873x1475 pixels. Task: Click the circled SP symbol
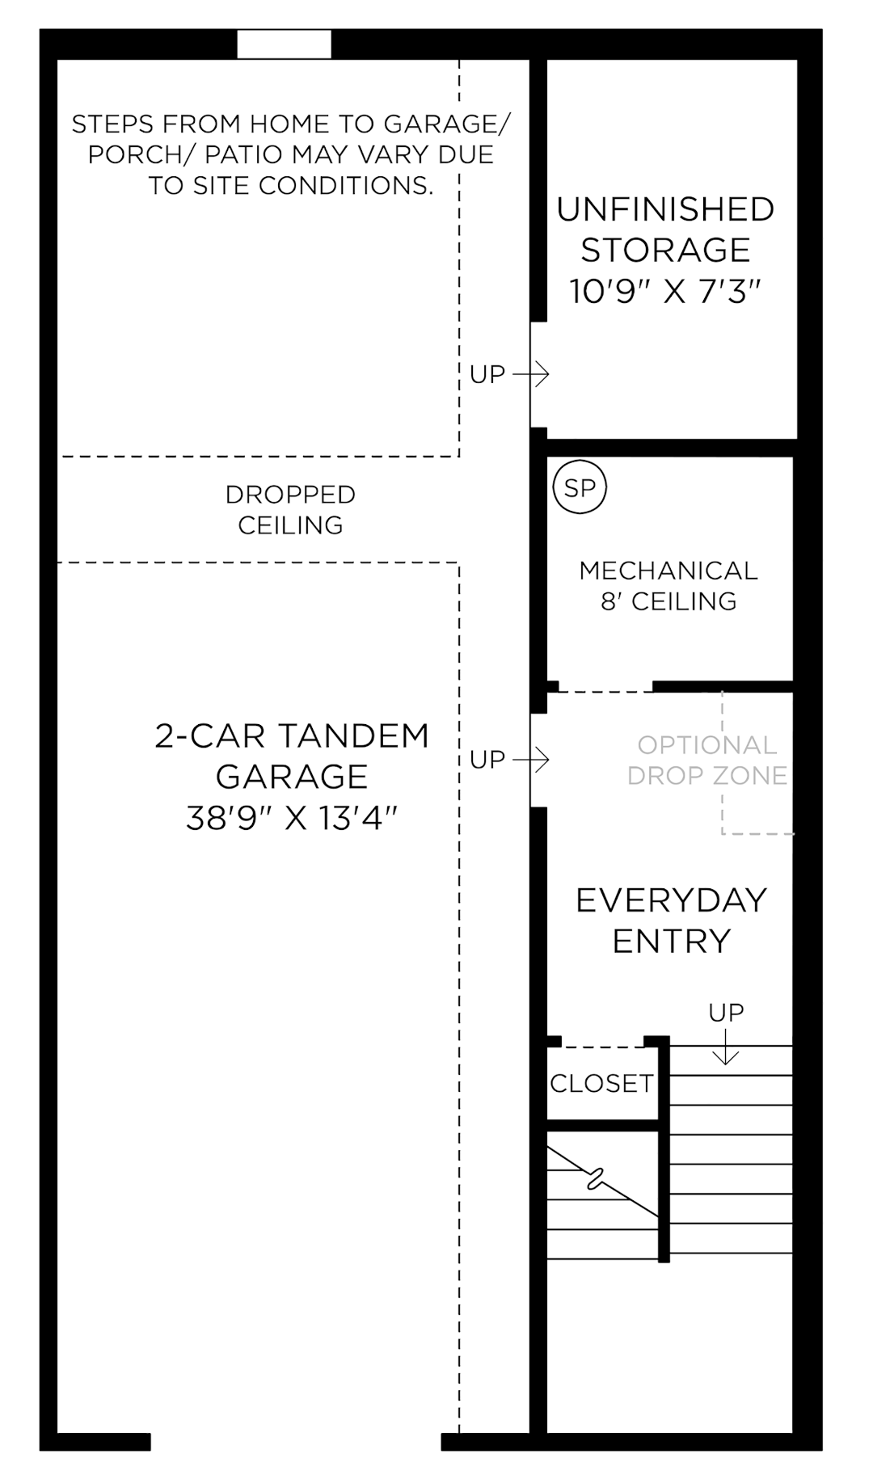pos(580,487)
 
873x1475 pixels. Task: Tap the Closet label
pos(601,1083)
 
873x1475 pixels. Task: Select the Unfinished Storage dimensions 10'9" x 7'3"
pos(666,291)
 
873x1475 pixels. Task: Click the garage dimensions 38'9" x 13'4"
pos(292,818)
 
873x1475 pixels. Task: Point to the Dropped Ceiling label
pos(290,510)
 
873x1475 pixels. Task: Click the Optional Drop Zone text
pos(706,761)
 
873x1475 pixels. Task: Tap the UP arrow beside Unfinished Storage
pos(531,374)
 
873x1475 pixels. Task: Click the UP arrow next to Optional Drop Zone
pos(531,760)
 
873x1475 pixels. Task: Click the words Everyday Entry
pos(671,921)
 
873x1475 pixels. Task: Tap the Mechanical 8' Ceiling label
pos(668,586)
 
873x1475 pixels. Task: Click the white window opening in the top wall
pos(284,44)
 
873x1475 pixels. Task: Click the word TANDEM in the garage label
pos(353,736)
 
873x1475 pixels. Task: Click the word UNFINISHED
pos(665,209)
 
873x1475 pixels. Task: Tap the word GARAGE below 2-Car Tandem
pos(292,777)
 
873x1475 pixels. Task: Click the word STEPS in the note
pos(110,124)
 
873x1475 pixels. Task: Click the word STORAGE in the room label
pos(665,251)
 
